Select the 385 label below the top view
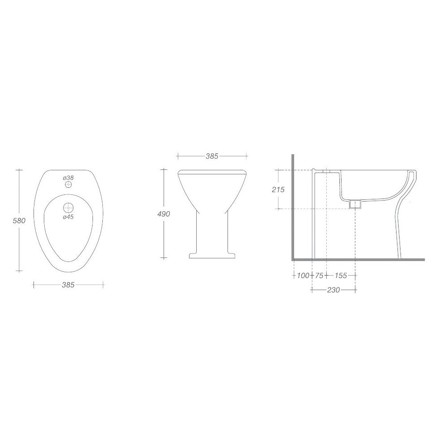pos(68,285)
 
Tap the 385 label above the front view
pos(211,156)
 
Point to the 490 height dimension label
pos(164,214)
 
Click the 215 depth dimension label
pos(278,189)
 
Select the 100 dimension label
pos(303,275)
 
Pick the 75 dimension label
pos(319,275)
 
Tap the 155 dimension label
pos(341,275)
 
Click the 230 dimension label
pos(333,290)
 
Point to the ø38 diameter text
pos(68,177)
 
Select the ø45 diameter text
pos(68,216)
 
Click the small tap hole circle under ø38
pos(68,185)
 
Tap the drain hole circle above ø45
pos(68,207)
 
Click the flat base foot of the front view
pos(212,256)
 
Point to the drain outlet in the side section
pos(355,204)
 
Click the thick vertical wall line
pos(292,206)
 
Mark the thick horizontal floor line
pos(358,259)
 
